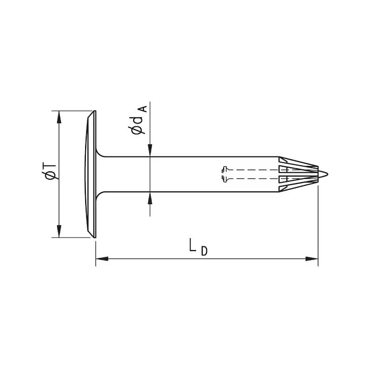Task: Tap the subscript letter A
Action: pyautogui.click(x=143, y=109)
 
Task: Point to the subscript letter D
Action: pyautogui.click(x=204, y=252)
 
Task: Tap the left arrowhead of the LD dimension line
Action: pyautogui.click(x=102, y=258)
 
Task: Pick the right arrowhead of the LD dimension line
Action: pyautogui.click(x=312, y=258)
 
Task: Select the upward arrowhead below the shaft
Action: pyautogui.click(x=150, y=198)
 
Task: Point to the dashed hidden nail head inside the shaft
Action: pyautogui.click(x=226, y=174)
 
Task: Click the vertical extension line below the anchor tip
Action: pyautogui.click(x=318, y=224)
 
